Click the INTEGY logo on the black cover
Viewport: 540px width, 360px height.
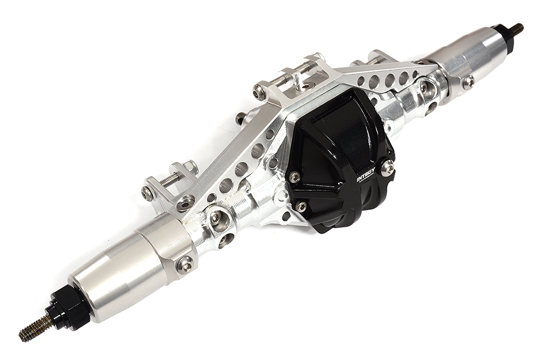[x=366, y=175]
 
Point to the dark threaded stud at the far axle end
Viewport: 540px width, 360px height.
[x=516, y=29]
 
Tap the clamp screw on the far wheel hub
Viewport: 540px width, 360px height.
[x=468, y=80]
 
